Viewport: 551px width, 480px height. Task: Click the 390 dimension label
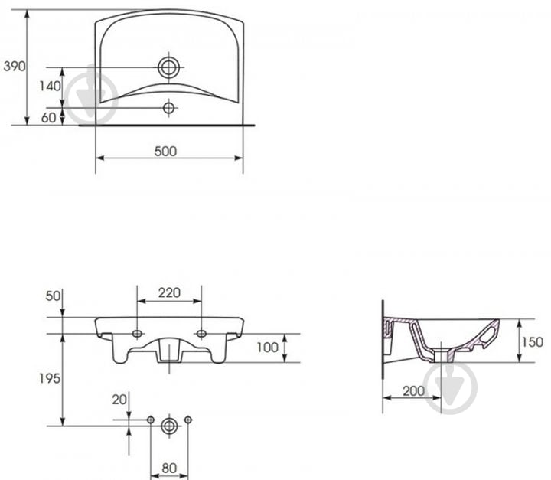pyautogui.click(x=15, y=66)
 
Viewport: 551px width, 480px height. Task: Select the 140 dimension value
pyautogui.click(x=50, y=87)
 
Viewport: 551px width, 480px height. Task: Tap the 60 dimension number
pyautogui.click(x=48, y=118)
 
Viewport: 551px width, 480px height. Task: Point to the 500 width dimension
pyautogui.click(x=165, y=152)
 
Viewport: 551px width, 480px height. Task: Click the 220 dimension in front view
pyautogui.click(x=169, y=292)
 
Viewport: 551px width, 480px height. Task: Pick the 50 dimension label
pyautogui.click(x=53, y=296)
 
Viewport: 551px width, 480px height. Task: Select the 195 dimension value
pyautogui.click(x=50, y=378)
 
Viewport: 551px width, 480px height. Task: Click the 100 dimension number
pyautogui.click(x=267, y=348)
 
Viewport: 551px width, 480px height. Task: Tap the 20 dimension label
pyautogui.click(x=119, y=400)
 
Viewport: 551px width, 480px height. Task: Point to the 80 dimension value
pyautogui.click(x=169, y=469)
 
